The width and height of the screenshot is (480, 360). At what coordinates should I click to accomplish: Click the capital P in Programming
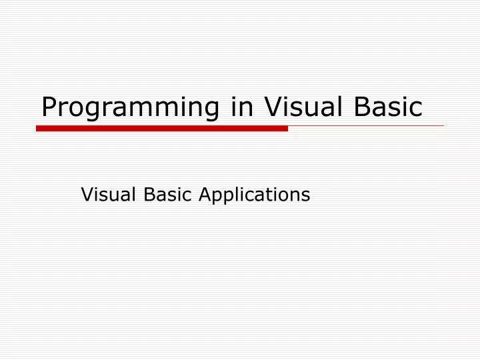(49, 107)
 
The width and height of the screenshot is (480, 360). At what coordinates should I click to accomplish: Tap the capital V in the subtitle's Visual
(86, 195)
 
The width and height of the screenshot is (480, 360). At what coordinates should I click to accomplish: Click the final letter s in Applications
(306, 195)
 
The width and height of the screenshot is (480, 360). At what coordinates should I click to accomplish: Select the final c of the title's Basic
(416, 109)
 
